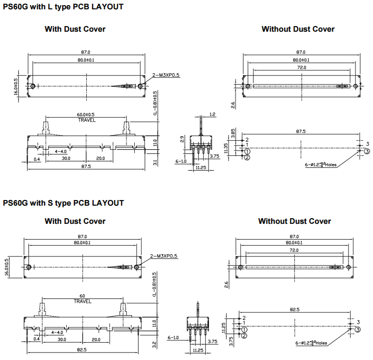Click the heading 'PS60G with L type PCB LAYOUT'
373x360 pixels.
[x=63, y=7]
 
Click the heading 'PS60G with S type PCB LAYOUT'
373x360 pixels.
[x=63, y=203]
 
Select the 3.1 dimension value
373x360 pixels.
[x=155, y=162]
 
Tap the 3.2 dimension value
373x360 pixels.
[x=155, y=346]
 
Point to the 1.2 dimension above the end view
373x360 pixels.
[x=213, y=114]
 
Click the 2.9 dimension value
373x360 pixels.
[x=183, y=138]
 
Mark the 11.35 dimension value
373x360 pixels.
[x=226, y=148]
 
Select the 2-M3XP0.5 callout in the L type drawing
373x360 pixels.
[x=166, y=75]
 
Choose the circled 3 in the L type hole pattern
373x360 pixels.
[x=367, y=151]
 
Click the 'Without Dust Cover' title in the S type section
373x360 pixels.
[x=295, y=221]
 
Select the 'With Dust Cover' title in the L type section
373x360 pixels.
[x=75, y=29]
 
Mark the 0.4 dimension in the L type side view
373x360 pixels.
[x=37, y=159]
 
